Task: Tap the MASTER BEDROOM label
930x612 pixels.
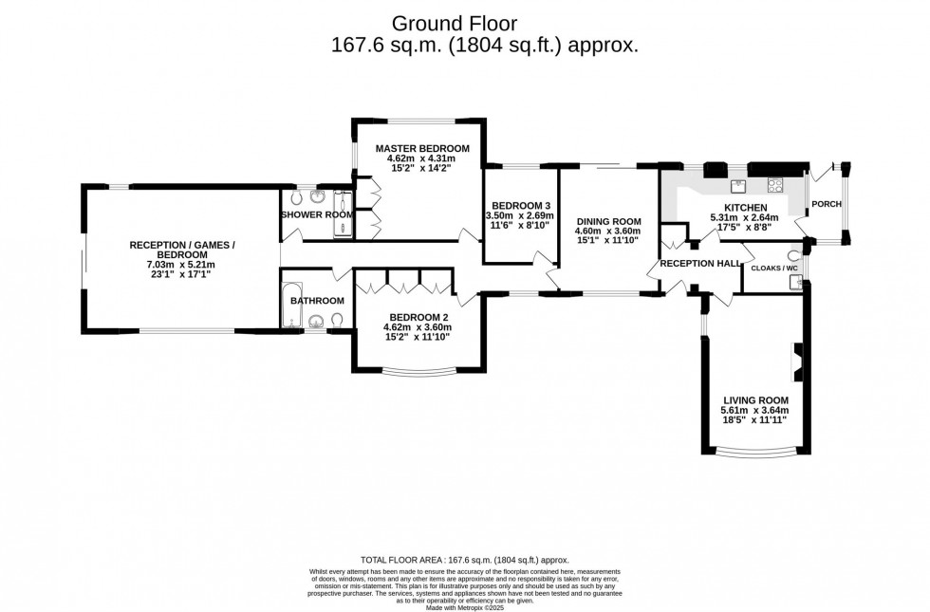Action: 422,149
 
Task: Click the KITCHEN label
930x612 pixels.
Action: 744,207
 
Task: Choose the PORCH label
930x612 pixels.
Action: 827,203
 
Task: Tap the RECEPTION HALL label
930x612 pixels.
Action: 700,263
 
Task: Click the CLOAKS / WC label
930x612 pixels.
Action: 774,269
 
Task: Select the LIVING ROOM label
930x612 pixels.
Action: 755,400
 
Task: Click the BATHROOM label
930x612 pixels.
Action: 317,301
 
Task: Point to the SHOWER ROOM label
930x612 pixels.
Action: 317,214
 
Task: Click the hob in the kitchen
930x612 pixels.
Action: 774,185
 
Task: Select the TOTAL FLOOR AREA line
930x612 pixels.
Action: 465,560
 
